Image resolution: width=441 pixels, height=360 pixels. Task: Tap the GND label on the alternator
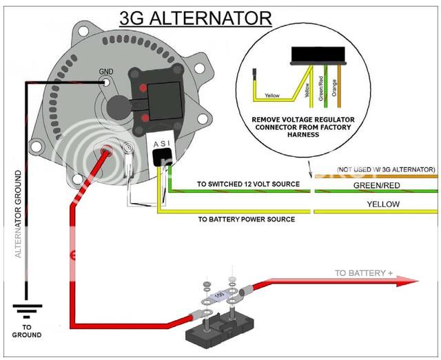click(105, 72)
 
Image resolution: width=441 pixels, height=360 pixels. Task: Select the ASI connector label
click(163, 142)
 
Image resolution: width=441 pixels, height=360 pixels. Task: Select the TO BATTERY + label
click(363, 273)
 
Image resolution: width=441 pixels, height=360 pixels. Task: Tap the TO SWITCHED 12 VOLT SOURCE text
click(248, 184)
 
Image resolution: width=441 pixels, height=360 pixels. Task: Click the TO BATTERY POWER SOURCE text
click(246, 219)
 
